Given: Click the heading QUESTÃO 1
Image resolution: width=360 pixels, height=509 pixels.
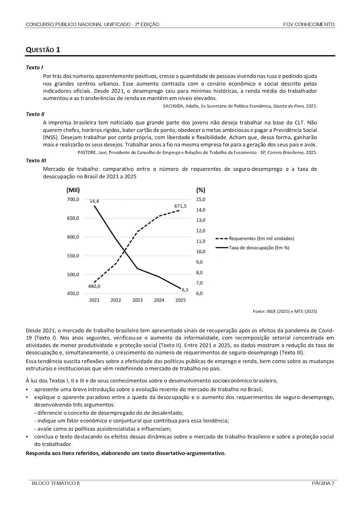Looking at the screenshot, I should (x=43, y=50).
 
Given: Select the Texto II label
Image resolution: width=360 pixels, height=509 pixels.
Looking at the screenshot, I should (x=35, y=114).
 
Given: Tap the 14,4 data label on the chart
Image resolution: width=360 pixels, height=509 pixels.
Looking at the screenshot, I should (x=94, y=201).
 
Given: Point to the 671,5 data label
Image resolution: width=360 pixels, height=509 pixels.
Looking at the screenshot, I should (x=180, y=206).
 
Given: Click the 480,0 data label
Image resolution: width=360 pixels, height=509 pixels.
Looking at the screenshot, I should (x=94, y=286).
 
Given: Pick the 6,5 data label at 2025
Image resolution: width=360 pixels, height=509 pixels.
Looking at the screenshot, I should (x=185, y=289).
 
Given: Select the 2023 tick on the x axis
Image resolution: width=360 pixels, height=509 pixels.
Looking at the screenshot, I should (x=138, y=300).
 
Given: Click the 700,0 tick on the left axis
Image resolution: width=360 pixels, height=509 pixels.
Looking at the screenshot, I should (x=73, y=199).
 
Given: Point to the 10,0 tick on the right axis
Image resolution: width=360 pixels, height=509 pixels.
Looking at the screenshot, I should (x=201, y=252).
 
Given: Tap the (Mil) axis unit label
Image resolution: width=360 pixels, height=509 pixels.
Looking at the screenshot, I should (x=73, y=190).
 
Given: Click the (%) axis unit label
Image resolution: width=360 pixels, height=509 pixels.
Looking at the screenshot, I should (x=201, y=190).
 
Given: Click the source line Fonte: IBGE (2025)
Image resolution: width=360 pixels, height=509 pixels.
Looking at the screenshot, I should (x=285, y=311).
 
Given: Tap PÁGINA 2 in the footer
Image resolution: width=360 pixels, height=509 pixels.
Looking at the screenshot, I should (x=323, y=484).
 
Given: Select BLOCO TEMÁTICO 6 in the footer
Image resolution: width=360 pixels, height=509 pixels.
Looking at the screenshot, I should (x=56, y=484).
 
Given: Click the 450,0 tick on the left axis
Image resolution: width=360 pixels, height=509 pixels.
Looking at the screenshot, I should (x=73, y=294).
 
